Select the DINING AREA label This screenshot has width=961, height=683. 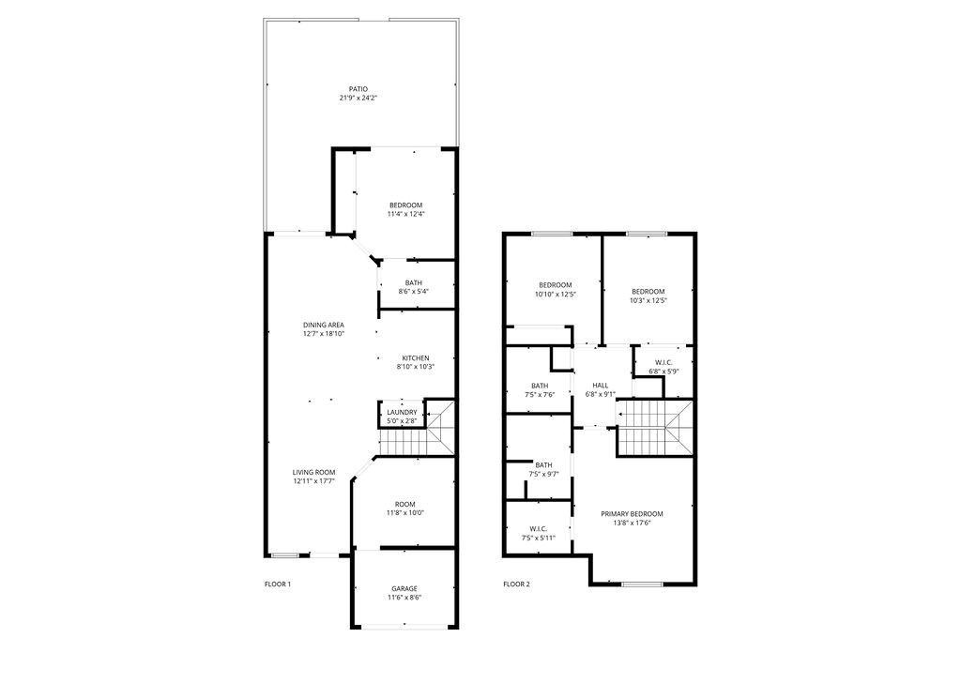pyautogui.click(x=323, y=325)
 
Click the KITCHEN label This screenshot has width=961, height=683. pyautogui.click(x=415, y=358)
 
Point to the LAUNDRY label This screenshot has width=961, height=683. pyautogui.click(x=402, y=413)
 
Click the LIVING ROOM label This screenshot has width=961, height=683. pyautogui.click(x=313, y=472)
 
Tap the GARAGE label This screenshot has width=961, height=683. pyautogui.click(x=404, y=588)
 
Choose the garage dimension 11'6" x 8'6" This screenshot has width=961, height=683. pyautogui.click(x=404, y=597)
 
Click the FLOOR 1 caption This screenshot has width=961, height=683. pyautogui.click(x=278, y=584)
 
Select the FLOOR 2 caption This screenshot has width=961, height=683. pyautogui.click(x=516, y=584)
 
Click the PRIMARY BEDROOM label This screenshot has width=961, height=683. pyautogui.click(x=632, y=513)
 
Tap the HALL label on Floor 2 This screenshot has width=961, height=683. pyautogui.click(x=601, y=385)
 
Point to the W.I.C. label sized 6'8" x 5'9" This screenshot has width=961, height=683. pyautogui.click(x=664, y=362)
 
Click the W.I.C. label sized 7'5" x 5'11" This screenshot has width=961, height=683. pyautogui.click(x=538, y=528)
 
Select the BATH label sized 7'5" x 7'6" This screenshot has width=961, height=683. pyautogui.click(x=540, y=386)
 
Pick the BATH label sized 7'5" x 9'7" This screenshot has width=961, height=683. pyautogui.click(x=543, y=465)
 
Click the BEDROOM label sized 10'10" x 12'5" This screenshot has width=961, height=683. pyautogui.click(x=555, y=285)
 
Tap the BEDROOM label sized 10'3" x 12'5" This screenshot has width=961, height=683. pyautogui.click(x=648, y=291)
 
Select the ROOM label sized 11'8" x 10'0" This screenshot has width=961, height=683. pyautogui.click(x=404, y=504)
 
